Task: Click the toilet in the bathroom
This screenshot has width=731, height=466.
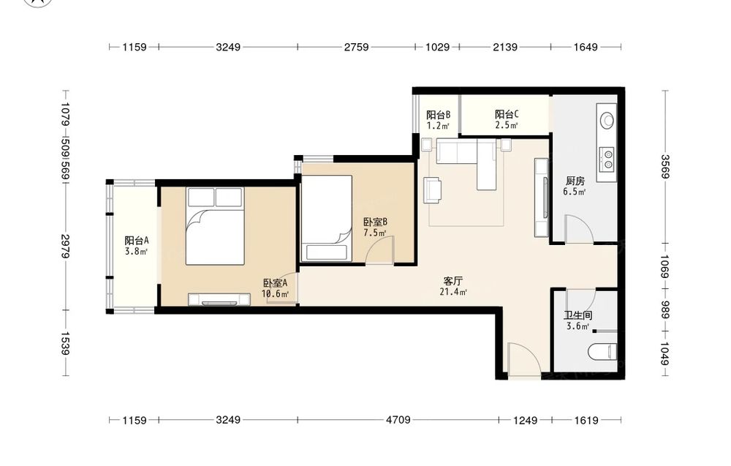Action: tap(603, 352)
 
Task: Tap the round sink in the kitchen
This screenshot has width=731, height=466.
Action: tap(607, 120)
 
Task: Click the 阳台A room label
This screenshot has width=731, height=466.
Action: tap(137, 241)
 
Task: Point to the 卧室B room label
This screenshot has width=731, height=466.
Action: tap(375, 222)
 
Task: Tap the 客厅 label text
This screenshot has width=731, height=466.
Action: tap(452, 281)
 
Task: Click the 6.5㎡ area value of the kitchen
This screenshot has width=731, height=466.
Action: tap(575, 191)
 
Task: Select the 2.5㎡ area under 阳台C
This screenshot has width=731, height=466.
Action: tap(507, 125)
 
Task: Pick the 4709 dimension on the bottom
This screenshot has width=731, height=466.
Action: tap(398, 420)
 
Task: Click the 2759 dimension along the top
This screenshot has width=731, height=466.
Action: tap(356, 47)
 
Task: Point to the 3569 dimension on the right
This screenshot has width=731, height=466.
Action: tap(664, 167)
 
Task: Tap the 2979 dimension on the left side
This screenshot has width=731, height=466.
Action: tap(65, 247)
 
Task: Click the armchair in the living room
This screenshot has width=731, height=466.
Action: tap(432, 190)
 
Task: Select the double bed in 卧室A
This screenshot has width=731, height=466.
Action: tap(215, 226)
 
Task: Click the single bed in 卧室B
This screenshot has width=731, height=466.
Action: tap(326, 218)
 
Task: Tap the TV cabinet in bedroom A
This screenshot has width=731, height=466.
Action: tap(219, 299)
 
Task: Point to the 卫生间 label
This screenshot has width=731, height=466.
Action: tap(577, 315)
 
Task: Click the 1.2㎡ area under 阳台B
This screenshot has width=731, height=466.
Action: tap(438, 125)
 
